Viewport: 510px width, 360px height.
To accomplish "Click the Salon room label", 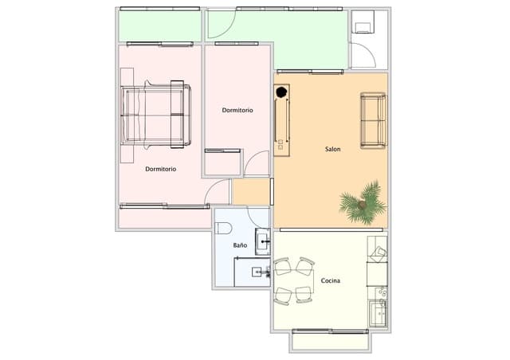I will (334, 149).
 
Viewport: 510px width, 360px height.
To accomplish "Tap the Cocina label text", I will (331, 281).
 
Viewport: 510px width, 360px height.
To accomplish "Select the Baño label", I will (240, 245).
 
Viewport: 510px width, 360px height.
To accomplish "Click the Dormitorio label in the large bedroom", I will (161, 169).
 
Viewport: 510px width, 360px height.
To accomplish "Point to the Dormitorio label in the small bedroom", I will (237, 110).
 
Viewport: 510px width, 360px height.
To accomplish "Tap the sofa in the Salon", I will (373, 120).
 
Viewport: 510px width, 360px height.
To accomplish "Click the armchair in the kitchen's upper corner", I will (377, 252).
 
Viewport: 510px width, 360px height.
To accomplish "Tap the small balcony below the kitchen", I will (330, 341).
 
